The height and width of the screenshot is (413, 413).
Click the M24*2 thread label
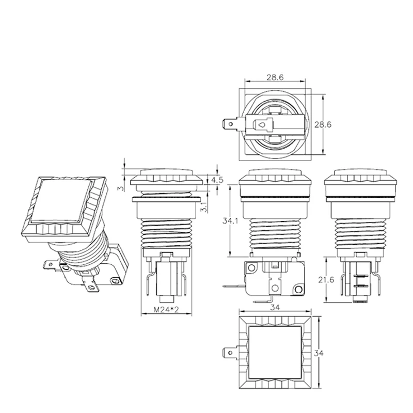[x=166, y=309]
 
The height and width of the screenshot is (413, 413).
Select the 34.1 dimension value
[x=230, y=221]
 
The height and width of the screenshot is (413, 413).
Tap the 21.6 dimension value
[x=326, y=280]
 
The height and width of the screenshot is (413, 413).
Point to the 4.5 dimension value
[x=217, y=180]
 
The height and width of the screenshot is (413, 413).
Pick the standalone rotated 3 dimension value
[x=121, y=188]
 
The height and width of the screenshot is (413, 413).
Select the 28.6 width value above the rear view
[x=275, y=77]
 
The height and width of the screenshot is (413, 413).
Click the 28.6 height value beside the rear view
[x=323, y=124]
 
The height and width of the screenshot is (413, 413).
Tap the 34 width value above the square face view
[x=275, y=307]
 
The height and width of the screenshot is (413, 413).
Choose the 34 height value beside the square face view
[x=319, y=353]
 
